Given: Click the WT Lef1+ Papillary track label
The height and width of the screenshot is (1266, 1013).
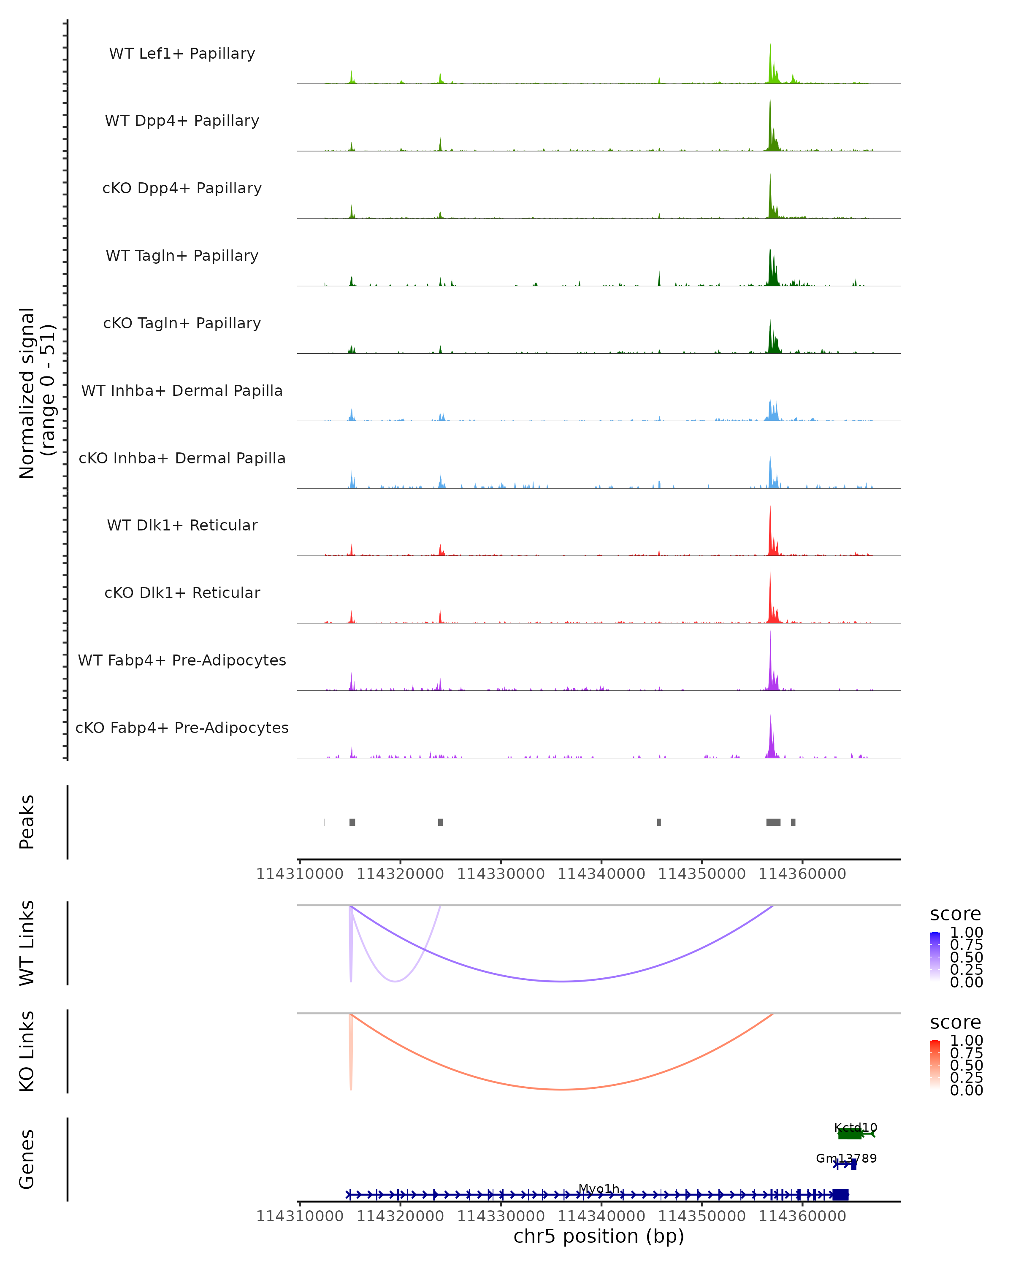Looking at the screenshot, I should (x=182, y=54).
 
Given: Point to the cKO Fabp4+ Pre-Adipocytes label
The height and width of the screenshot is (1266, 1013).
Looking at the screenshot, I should (x=182, y=728).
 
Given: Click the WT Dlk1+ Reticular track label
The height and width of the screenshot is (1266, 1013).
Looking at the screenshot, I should (x=182, y=525).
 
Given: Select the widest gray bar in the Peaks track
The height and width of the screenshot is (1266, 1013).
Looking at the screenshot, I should (x=773, y=822).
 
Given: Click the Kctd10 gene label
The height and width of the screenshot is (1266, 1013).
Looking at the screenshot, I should (x=855, y=1128).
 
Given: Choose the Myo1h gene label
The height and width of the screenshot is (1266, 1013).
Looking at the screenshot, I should (x=599, y=1188).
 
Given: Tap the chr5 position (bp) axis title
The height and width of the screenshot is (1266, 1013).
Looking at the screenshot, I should (x=599, y=1236).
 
